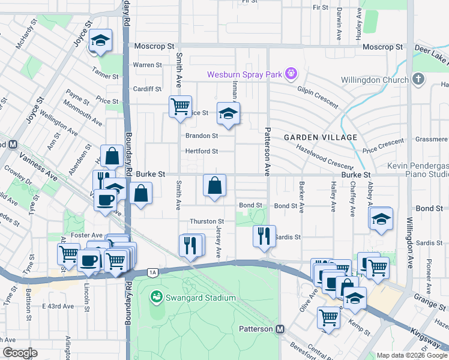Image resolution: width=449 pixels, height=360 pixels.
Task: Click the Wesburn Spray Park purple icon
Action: (292, 74)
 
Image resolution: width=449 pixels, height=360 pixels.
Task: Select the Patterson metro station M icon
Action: (280, 329)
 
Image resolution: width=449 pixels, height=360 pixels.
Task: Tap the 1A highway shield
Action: (153, 272)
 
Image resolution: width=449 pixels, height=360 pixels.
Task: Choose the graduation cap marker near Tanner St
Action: (101, 41)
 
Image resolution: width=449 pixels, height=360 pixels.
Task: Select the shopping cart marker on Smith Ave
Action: (180, 107)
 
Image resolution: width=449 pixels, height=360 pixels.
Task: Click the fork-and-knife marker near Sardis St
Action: (264, 236)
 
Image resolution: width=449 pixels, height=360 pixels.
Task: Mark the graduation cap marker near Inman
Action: (228, 113)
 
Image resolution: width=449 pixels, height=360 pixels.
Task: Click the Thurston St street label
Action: (206, 221)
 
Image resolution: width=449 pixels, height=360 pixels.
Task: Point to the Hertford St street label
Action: (201, 151)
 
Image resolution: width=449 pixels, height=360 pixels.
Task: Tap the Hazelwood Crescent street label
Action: (324, 159)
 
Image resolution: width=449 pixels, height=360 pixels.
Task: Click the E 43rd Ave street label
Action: (58, 306)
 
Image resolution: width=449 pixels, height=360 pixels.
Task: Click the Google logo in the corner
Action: (19, 353)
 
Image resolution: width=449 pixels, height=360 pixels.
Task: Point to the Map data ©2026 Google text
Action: (411, 355)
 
